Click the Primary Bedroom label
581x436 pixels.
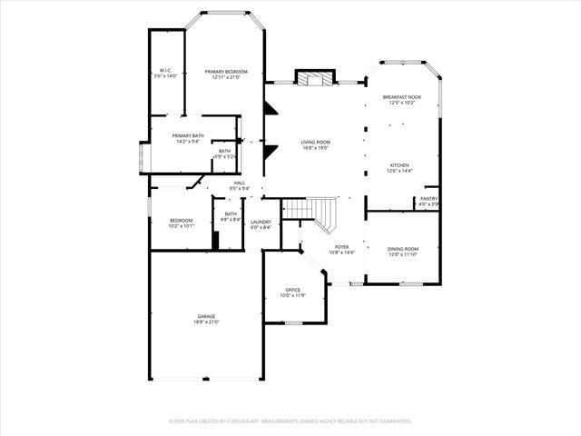(228, 72)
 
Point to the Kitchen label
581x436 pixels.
(399, 165)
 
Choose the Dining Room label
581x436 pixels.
(403, 249)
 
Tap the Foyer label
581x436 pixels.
(341, 246)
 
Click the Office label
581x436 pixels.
(293, 290)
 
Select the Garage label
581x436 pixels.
(207, 316)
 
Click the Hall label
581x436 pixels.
(240, 183)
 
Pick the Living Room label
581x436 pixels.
(316, 142)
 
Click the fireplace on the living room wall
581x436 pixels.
(315, 79)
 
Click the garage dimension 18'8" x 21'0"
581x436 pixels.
(207, 322)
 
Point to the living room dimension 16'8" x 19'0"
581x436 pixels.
(316, 148)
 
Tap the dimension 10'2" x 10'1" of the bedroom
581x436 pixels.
(182, 226)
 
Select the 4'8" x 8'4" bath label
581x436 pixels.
(231, 216)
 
